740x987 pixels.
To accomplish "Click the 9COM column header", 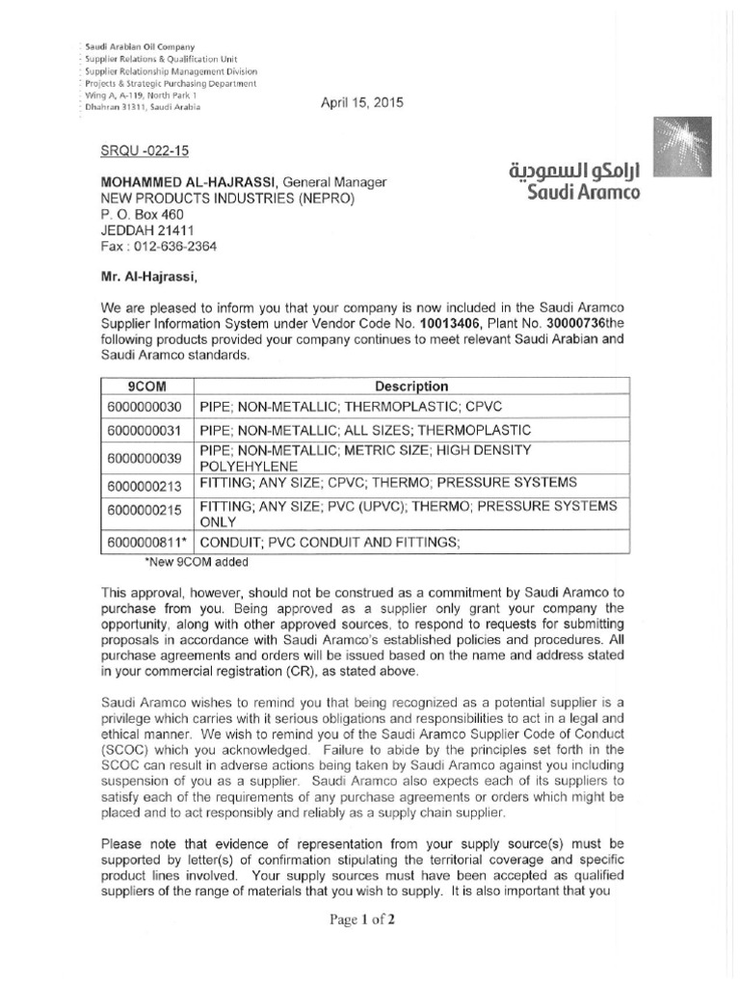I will pyautogui.click(x=147, y=387).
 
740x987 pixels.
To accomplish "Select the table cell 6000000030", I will pyautogui.click(x=145, y=407).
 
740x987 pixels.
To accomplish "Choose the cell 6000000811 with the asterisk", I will pyautogui.click(x=147, y=543).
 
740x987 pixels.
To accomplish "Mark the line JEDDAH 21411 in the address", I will pyautogui.click(x=144, y=230).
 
